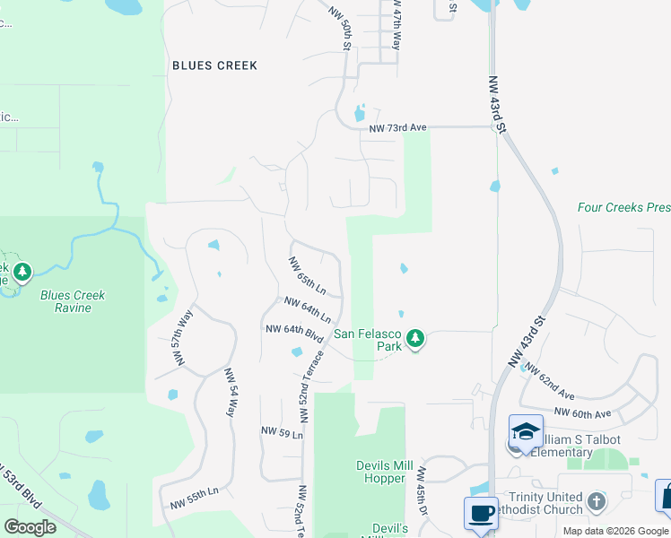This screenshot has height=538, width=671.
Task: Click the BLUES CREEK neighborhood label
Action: [214, 65]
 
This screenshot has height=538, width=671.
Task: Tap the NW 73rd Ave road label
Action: [397, 128]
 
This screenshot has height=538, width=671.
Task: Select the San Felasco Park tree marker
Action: [414, 339]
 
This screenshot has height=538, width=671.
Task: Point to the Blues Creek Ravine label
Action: [73, 301]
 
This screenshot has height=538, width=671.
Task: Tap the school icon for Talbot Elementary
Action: [525, 431]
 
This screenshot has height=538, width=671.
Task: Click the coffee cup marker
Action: [481, 514]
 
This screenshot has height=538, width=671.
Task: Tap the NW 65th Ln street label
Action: [306, 275]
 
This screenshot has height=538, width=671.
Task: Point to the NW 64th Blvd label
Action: [293, 332]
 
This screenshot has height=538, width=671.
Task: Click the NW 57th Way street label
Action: [184, 338]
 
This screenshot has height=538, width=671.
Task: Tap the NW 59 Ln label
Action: [282, 432]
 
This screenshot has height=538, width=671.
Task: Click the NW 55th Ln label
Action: [196, 494]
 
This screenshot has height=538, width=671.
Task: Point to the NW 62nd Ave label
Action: [549, 381]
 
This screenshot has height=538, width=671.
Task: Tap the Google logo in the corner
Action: [30, 527]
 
